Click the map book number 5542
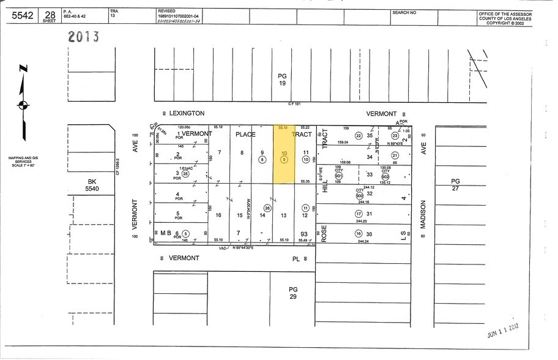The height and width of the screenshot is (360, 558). [x=23, y=16]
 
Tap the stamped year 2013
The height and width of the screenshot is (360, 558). [x=84, y=37]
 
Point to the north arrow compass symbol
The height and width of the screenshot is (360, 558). [x=23, y=105]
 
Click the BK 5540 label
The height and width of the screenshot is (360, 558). [x=92, y=184]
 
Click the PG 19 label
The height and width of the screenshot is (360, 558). [x=283, y=80]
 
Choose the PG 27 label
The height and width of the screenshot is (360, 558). [x=455, y=185]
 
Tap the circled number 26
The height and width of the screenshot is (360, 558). [x=267, y=207]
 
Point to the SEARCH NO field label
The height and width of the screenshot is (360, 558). [x=404, y=12]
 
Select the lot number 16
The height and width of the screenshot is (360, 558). [x=219, y=215]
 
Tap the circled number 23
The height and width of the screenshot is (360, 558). [x=395, y=136]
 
